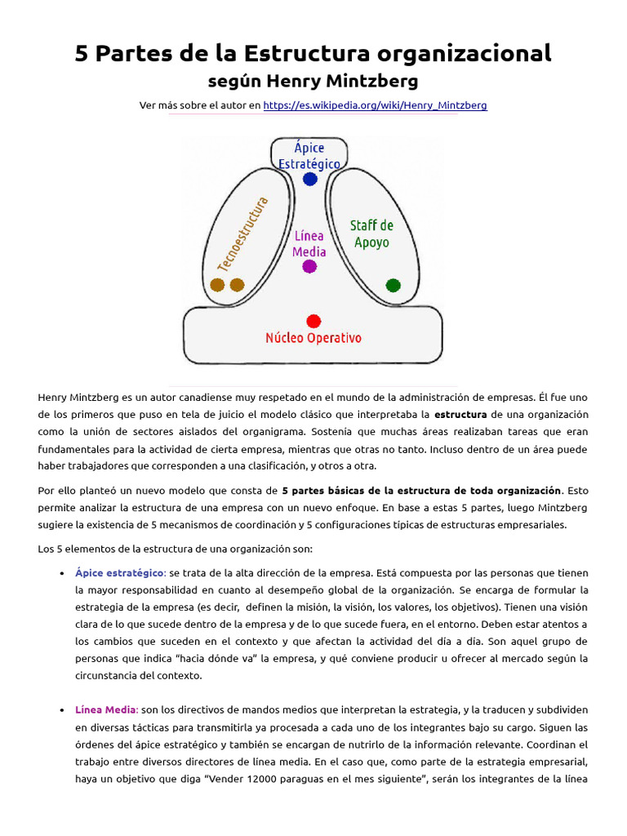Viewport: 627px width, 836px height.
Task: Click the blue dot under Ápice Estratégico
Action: coord(309,179)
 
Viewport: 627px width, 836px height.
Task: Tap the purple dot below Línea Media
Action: coord(309,266)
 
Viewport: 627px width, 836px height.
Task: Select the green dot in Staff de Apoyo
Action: coord(393,285)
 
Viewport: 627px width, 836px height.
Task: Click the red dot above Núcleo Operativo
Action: coord(313,321)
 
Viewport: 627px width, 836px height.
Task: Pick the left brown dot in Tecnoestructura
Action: coord(217,285)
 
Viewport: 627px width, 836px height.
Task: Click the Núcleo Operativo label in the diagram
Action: coord(313,338)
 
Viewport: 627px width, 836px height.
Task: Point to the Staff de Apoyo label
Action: coord(371,233)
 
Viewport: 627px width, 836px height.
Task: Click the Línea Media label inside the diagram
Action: coord(309,243)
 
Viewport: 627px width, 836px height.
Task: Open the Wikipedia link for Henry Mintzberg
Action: coord(376,105)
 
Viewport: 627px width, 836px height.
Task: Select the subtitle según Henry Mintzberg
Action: coord(313,81)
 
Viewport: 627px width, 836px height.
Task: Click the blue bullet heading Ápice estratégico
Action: coord(120,572)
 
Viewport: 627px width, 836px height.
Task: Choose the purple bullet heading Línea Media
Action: coord(106,709)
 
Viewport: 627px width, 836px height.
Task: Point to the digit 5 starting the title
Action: coord(82,54)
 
